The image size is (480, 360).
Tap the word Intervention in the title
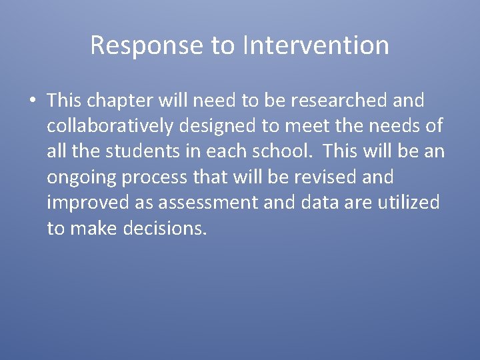pyautogui.click(x=316, y=45)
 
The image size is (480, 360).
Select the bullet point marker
pyautogui.click(x=32, y=101)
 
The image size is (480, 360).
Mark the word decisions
pyautogui.click(x=165, y=228)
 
